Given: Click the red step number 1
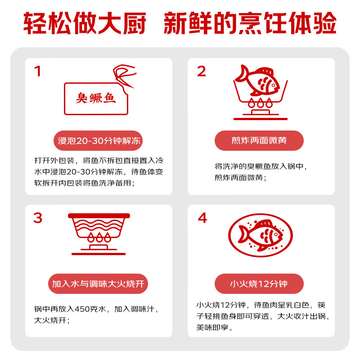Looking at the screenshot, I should tap(38, 72).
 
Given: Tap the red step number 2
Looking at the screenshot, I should tap(201, 72).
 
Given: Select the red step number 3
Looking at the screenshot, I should tap(38, 218).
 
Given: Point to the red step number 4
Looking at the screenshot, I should tap(202, 218).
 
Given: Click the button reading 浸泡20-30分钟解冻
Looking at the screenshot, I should tap(99, 140).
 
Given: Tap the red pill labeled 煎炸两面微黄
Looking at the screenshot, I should tap(259, 140).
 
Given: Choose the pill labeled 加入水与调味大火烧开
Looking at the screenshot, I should tap(98, 284).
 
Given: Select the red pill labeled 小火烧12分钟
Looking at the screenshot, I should tap(259, 284).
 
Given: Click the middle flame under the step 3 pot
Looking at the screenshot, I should tap(98, 237).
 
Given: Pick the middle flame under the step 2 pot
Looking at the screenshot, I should tap(261, 102).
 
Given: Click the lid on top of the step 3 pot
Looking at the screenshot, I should tap(99, 216).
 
